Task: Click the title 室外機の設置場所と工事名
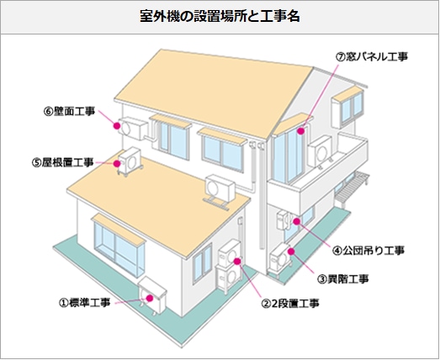coord(220,17)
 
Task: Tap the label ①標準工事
coord(84,303)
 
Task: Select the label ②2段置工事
coord(290,304)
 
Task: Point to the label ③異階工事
coord(343,279)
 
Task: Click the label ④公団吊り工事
coord(368,251)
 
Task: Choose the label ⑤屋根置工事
coord(62,162)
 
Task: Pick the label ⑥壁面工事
coord(69,111)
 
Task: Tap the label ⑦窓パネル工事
coord(372,57)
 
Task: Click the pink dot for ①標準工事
coord(149,298)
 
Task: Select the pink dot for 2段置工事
coord(237,262)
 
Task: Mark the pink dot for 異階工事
coord(291,251)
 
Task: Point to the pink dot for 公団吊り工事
coord(296,221)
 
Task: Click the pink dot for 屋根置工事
coord(117,163)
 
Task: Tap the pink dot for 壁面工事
coord(117,126)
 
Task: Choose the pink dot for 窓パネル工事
coord(301,131)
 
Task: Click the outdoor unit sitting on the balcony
coord(321,152)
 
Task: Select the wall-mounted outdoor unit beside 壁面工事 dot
coord(133,129)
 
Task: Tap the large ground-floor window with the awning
coord(119,246)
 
